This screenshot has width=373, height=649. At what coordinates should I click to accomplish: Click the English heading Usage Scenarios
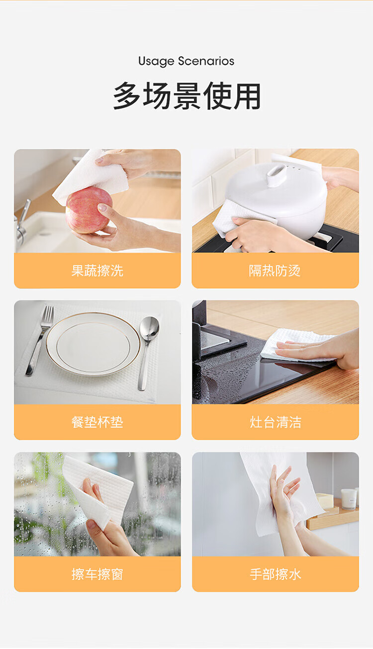[186, 62]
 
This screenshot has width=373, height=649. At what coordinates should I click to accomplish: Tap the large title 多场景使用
[186, 96]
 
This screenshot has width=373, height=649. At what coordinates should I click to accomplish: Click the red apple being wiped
[89, 210]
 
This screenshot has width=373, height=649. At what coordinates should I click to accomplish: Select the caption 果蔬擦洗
[97, 271]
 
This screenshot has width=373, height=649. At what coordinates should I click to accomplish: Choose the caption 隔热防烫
[275, 271]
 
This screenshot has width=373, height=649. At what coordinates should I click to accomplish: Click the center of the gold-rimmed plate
[93, 345]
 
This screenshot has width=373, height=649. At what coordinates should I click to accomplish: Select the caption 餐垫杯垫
[97, 422]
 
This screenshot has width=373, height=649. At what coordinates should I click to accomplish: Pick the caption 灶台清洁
[276, 422]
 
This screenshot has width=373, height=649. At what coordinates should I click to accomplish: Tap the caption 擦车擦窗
[97, 574]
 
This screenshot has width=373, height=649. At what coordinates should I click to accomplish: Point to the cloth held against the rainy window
[95, 490]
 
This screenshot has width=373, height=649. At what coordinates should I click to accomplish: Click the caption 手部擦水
[276, 574]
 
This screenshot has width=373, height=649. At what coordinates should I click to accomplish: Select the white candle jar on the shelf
[348, 499]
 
